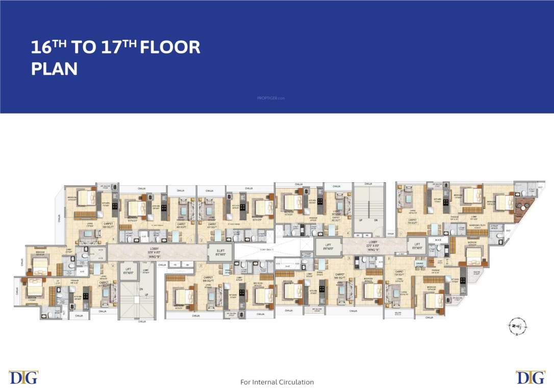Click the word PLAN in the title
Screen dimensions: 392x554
[x=55, y=69]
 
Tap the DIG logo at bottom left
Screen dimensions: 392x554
[x=23, y=377]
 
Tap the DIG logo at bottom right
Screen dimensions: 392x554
[x=531, y=377]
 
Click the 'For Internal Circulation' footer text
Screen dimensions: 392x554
[x=277, y=382]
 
